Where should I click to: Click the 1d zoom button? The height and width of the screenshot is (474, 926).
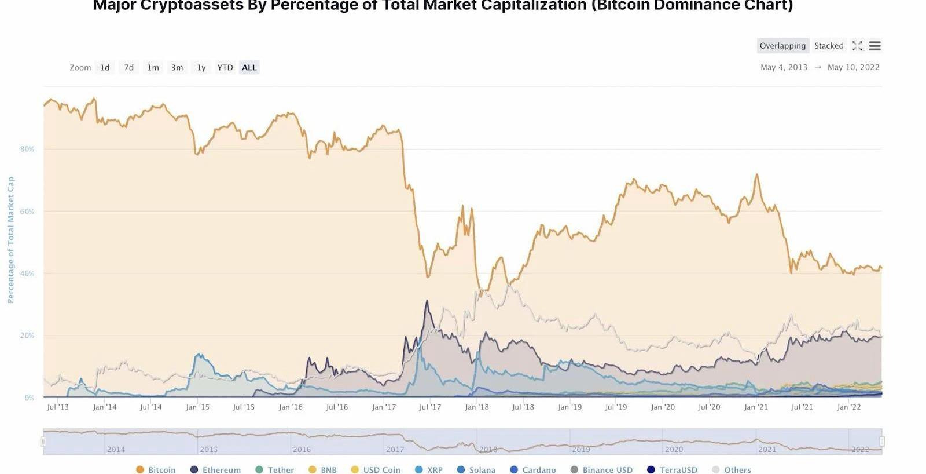click(105, 68)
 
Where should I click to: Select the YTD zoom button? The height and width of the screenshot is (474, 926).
click(225, 68)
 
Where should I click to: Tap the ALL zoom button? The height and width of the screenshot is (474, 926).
click(249, 68)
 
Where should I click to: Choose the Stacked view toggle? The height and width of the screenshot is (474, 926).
click(829, 46)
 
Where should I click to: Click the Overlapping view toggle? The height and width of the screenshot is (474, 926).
click(782, 46)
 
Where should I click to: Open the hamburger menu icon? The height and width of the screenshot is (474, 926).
click(875, 46)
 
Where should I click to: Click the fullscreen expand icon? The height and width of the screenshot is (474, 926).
click(857, 46)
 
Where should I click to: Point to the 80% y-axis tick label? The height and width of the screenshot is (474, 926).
click(27, 149)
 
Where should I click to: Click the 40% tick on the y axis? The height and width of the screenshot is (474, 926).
click(27, 274)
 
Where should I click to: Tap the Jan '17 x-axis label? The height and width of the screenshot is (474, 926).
click(384, 407)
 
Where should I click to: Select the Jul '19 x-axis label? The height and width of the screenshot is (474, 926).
click(616, 407)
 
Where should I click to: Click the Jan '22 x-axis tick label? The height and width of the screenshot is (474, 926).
click(848, 407)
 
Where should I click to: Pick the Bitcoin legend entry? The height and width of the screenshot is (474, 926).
click(156, 470)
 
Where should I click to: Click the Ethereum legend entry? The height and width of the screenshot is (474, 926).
click(216, 470)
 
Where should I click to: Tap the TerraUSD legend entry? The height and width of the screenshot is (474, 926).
click(673, 470)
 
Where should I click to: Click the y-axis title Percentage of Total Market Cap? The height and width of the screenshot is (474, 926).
click(10, 240)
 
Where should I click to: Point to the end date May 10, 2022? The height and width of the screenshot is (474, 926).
click(853, 67)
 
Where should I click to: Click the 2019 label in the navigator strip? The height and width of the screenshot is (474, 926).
click(581, 449)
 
